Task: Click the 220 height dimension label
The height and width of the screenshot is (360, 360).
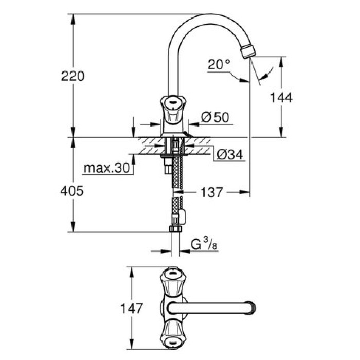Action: click(x=73, y=77)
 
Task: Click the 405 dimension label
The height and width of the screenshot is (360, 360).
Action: click(x=73, y=191)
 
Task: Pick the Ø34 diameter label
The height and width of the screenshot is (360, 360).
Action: click(x=229, y=154)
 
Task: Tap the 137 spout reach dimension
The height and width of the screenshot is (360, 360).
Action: click(x=212, y=193)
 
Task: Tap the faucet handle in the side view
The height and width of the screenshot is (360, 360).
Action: click(x=171, y=107)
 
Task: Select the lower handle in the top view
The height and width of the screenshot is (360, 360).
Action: click(x=172, y=337)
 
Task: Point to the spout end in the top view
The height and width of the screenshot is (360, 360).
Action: click(x=250, y=309)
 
